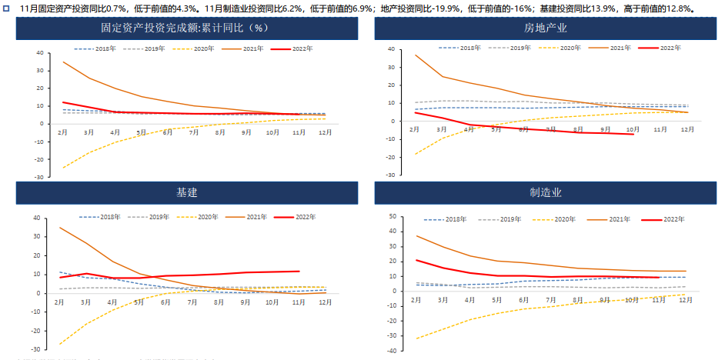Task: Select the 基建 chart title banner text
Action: [187, 192]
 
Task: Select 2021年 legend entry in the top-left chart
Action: [248, 48]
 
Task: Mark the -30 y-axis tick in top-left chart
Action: [39, 176]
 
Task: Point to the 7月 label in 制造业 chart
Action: [551, 300]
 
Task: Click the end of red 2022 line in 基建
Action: [299, 271]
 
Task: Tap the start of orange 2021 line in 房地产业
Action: [416, 55]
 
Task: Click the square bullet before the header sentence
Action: [6, 8]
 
